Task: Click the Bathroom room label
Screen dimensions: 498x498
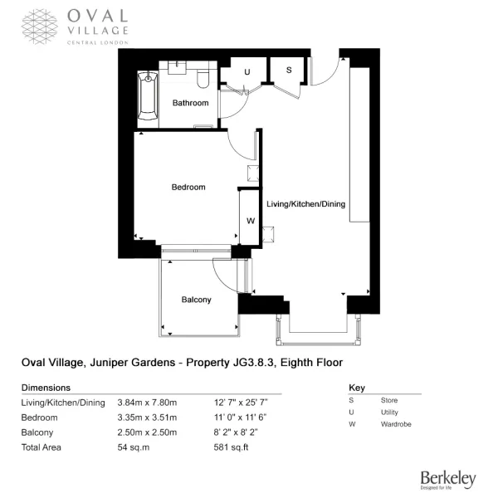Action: (x=191, y=103)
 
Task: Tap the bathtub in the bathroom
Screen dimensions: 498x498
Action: (x=148, y=96)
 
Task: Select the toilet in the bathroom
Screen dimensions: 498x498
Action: (x=203, y=79)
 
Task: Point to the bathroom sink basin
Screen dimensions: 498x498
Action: (x=177, y=68)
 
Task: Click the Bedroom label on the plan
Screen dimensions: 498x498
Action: (x=188, y=187)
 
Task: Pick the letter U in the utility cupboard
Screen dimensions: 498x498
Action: (x=247, y=72)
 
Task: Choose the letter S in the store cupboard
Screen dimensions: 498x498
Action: (x=289, y=70)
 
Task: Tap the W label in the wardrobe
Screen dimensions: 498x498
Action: (x=251, y=221)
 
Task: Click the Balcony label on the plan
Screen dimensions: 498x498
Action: (x=196, y=300)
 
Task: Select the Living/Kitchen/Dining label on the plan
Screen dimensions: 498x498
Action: (x=305, y=204)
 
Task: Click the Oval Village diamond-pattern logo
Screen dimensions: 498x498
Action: (x=40, y=27)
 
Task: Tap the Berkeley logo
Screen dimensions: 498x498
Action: (x=448, y=479)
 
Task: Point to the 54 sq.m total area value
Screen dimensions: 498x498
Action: (x=134, y=447)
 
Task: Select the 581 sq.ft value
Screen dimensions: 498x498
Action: (x=231, y=447)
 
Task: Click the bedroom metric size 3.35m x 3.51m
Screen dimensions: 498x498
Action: (x=147, y=417)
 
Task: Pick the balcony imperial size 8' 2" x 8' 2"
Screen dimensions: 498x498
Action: (x=236, y=432)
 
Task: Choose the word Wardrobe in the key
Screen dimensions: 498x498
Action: (x=396, y=424)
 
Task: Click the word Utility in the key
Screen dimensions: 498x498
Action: (x=389, y=413)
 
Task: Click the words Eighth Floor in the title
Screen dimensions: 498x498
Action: (x=311, y=363)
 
